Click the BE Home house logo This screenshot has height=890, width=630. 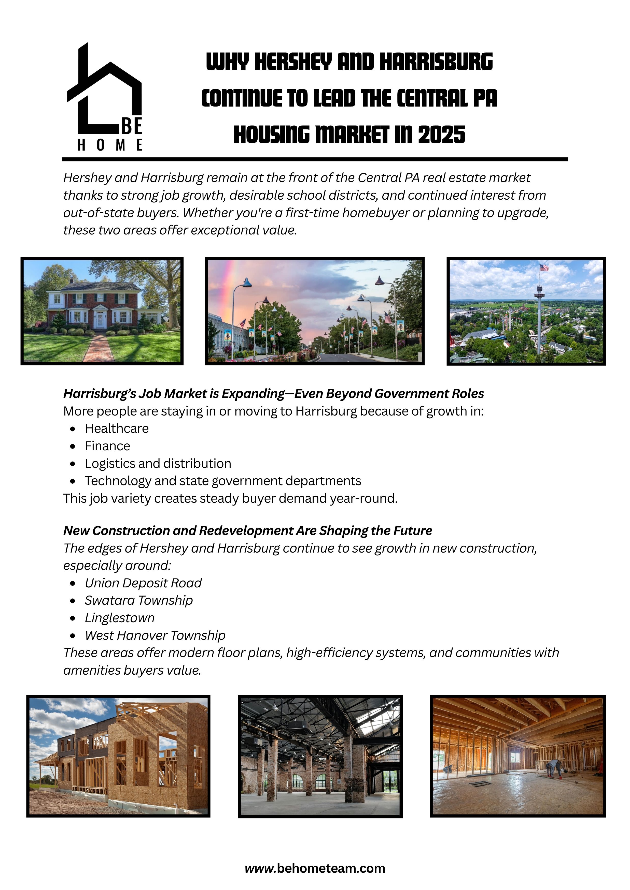tap(105, 97)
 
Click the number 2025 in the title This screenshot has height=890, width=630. tap(441, 135)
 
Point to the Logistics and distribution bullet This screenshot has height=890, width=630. tap(158, 463)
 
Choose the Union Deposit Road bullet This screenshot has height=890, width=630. tap(143, 583)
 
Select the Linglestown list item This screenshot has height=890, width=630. tap(119, 618)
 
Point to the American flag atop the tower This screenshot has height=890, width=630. tap(544, 268)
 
